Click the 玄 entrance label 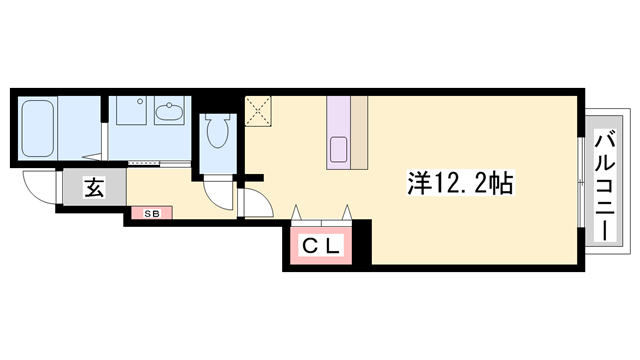(x=93, y=187)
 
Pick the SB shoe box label (x=151, y=213)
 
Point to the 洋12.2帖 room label (x=460, y=183)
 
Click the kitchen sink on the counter (x=336, y=153)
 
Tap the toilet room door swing (x=217, y=189)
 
